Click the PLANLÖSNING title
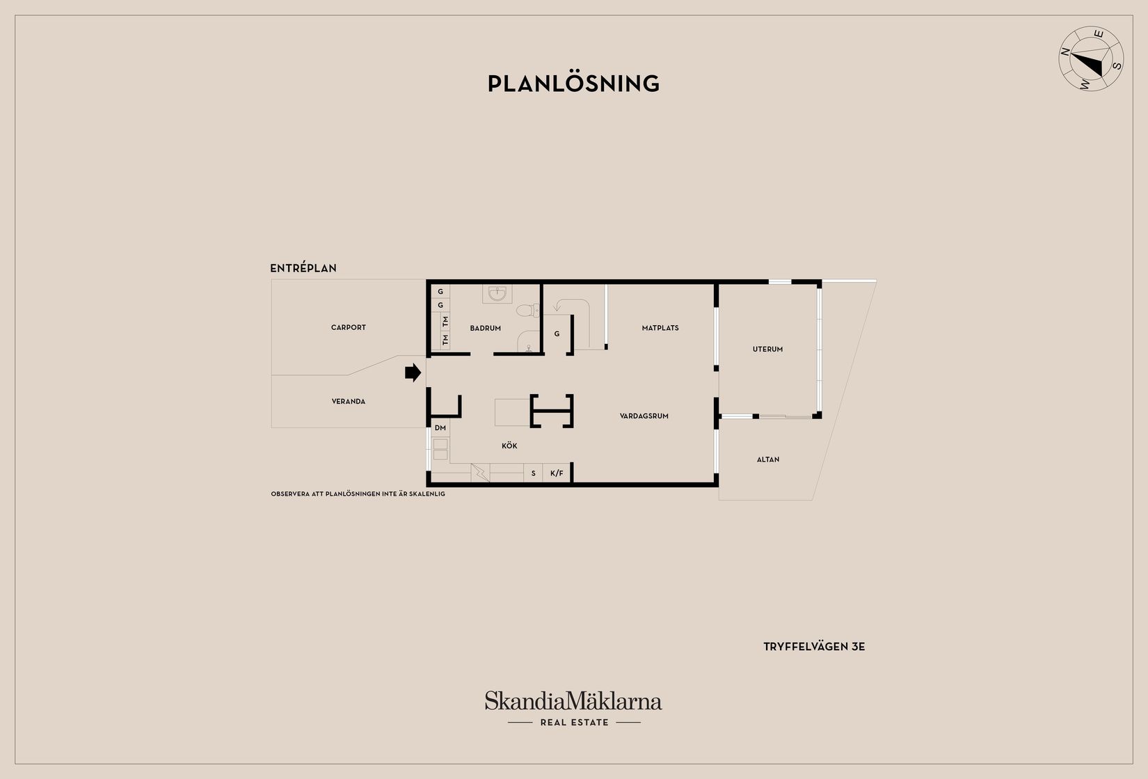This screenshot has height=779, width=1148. [x=573, y=84]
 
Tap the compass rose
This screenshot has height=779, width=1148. [x=1091, y=58]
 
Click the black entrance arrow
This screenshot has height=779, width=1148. [x=413, y=373]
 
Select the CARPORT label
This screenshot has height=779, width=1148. [x=349, y=327]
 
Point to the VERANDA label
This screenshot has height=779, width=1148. [x=349, y=402]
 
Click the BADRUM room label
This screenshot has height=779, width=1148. [x=486, y=328]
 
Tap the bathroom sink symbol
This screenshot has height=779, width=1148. [x=497, y=293]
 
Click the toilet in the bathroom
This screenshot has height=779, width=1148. [x=527, y=310]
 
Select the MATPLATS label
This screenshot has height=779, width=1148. [x=660, y=328]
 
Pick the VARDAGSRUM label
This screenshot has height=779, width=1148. [x=644, y=416]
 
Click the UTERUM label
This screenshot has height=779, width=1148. [x=767, y=349]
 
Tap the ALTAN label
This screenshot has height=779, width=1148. [x=767, y=459]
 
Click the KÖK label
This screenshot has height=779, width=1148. [x=509, y=446]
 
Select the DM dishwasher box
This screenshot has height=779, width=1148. [x=440, y=427]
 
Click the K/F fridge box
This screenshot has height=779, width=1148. [x=557, y=473]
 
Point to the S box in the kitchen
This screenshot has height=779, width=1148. [x=533, y=473]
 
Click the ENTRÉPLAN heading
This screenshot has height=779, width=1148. [x=303, y=268]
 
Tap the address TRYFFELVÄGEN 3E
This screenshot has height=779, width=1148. [x=814, y=647]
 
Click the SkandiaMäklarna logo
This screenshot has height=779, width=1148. [x=573, y=708]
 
